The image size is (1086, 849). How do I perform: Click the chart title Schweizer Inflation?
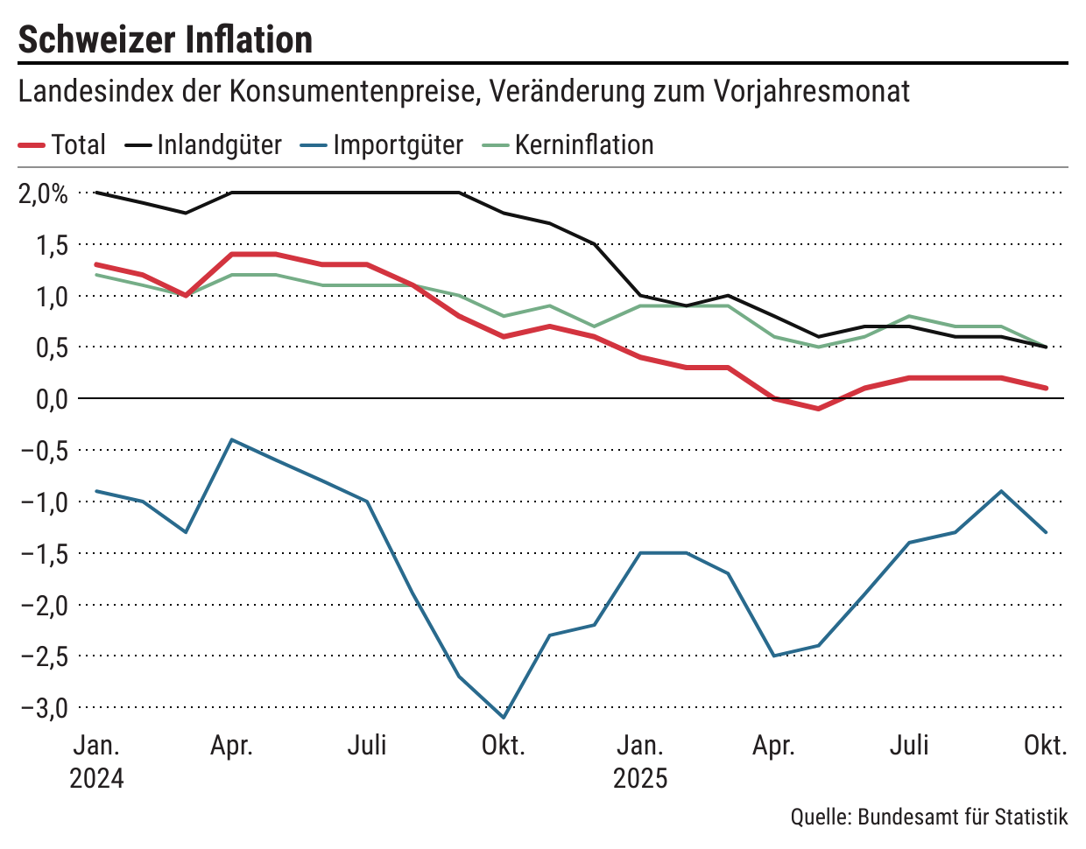[x=166, y=39]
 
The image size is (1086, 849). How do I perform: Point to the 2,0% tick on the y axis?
[x=43, y=193]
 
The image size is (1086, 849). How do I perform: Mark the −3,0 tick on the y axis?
[x=43, y=707]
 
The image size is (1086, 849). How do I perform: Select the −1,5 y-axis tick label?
[x=43, y=553]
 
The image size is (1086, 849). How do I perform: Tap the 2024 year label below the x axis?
[x=96, y=777]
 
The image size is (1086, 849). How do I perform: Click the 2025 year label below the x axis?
[x=640, y=777]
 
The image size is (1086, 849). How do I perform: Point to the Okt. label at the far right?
[x=1046, y=746]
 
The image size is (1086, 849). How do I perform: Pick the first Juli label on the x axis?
[x=367, y=746]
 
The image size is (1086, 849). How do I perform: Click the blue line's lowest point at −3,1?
[x=504, y=718]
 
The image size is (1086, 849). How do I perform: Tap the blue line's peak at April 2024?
[x=231, y=439]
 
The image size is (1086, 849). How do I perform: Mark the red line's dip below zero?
[x=819, y=409]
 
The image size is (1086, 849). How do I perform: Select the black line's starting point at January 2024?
[x=95, y=193]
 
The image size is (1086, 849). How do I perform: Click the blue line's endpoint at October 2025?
[x=1046, y=532]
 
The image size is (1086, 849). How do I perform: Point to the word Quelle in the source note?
[x=821, y=817]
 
